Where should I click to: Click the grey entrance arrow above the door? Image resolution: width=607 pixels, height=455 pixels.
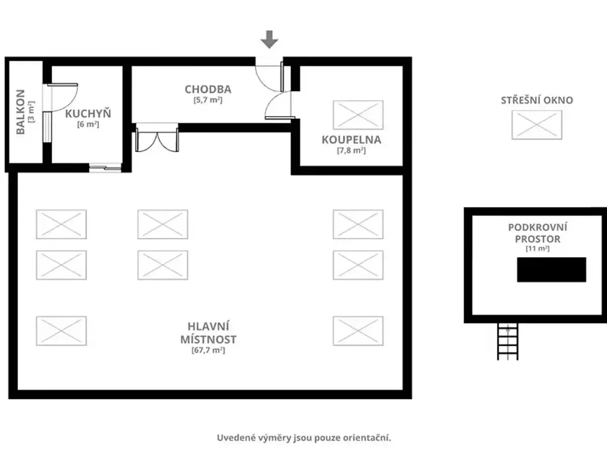[x=269, y=39]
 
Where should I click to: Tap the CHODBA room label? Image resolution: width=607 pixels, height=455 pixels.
[x=208, y=89]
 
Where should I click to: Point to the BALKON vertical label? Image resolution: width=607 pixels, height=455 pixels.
[x=20, y=112]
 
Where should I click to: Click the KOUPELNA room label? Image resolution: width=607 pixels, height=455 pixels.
[x=352, y=140]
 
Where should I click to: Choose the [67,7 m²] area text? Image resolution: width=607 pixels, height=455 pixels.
[x=208, y=350]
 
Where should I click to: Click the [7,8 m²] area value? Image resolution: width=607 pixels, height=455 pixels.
[x=352, y=150]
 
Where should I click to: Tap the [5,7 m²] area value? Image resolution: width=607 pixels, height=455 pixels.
[x=208, y=100]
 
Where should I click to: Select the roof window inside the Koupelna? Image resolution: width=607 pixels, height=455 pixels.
[x=358, y=115]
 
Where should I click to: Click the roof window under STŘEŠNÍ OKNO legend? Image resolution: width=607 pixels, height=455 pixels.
[x=537, y=125]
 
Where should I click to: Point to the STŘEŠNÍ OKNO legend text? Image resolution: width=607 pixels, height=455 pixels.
[x=537, y=100]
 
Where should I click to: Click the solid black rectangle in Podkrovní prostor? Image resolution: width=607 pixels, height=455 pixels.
[x=551, y=269]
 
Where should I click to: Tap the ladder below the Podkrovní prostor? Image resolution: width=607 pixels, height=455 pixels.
[x=508, y=342]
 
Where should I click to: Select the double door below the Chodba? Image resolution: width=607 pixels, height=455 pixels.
[x=157, y=138]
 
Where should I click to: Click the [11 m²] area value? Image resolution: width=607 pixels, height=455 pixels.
[x=537, y=248]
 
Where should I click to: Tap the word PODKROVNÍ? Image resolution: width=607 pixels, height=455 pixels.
[x=538, y=227]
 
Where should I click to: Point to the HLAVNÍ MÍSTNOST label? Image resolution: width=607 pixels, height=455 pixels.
[x=208, y=333]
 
